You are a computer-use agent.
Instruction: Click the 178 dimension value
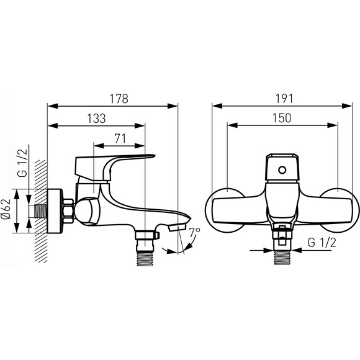pos(119,99)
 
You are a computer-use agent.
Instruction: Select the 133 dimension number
pos(96,119)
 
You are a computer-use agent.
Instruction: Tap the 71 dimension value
pos(120,138)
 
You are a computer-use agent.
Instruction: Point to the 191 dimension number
pos(284,99)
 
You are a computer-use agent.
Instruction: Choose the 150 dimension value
pos(282,118)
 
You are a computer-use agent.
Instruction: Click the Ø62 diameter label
pos(6,209)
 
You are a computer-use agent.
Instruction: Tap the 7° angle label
pos(194,232)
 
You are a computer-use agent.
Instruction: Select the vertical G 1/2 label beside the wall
pos(22,163)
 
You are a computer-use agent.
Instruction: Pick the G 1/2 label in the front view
pos(322,243)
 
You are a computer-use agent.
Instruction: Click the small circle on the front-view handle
pos(282,170)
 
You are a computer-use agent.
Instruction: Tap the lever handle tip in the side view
pos(153,156)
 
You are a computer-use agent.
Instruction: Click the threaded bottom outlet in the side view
pos(145,259)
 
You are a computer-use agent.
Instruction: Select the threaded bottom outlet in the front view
pos(282,258)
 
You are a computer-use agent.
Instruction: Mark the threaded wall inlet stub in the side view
pos(40,211)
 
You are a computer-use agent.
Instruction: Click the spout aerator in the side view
pos(177,227)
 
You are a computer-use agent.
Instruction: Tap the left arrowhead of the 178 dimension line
pos(52,106)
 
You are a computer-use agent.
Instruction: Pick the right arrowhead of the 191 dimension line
pos(347,106)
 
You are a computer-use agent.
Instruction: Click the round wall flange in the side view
pos(55,211)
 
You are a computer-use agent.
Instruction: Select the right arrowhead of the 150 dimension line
pos(333,125)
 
